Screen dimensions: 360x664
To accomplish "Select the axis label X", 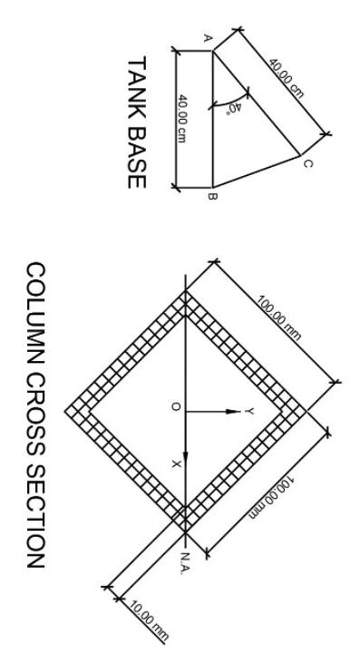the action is pos(176,465).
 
